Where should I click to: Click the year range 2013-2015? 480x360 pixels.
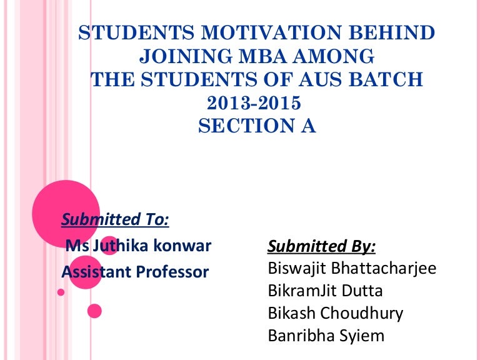coord(257,102)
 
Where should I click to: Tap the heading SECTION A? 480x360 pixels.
coord(257,126)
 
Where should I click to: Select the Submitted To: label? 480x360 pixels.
coord(115,219)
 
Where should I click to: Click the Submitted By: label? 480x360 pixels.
coord(321,247)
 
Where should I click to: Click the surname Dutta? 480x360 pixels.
coord(361,291)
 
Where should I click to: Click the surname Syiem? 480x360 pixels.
coord(362,336)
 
